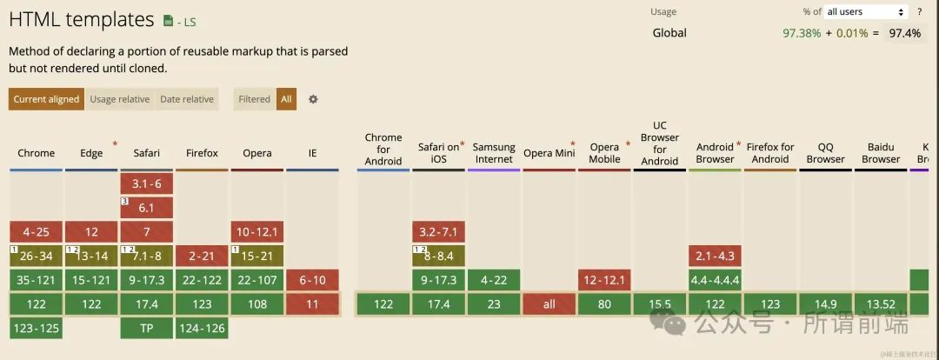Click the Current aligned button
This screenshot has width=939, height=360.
coord(46,99)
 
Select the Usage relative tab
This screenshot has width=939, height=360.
coord(120,99)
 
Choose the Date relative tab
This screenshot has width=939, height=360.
coord(187,99)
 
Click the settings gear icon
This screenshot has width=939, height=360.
coord(313,99)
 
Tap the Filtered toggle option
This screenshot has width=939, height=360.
coord(255,99)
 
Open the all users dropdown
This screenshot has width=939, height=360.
coord(866,11)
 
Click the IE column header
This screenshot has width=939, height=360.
coord(312,153)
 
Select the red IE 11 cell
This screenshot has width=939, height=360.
coord(312,304)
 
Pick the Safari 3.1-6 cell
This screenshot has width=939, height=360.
coord(146,183)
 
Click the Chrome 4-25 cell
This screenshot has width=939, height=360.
coord(36,232)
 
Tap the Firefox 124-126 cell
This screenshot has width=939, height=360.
coord(202,328)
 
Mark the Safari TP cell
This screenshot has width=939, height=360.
coord(146,328)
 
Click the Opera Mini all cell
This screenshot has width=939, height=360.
coord(549,304)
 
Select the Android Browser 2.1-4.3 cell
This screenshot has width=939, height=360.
coord(715,256)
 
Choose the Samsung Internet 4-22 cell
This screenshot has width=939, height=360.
coord(494,280)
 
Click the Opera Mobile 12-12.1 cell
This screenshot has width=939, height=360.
coord(604,280)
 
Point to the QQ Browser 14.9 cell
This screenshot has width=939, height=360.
coord(825,304)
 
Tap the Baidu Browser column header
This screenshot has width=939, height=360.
coord(881,153)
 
